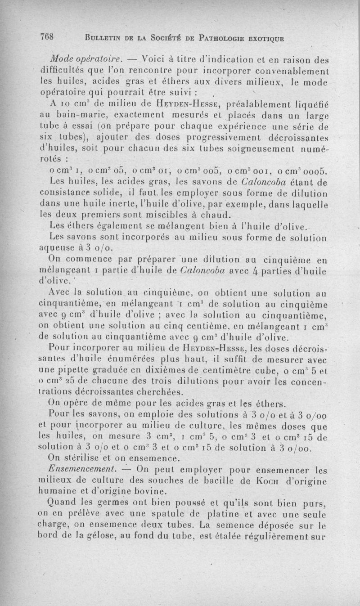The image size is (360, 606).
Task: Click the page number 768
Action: pos(46,38)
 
